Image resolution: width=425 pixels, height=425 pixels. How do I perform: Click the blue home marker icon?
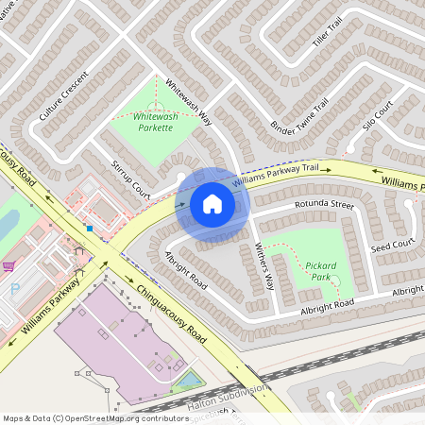pos(212,204)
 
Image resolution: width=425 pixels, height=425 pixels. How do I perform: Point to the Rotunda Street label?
pos(323,203)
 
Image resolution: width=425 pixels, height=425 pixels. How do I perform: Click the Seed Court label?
pos(392,246)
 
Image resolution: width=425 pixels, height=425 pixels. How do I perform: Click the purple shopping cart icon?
pos(8,265)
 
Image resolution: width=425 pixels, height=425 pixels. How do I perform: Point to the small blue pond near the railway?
pos(189,380)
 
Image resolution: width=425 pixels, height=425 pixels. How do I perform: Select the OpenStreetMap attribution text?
pos(95,416)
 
